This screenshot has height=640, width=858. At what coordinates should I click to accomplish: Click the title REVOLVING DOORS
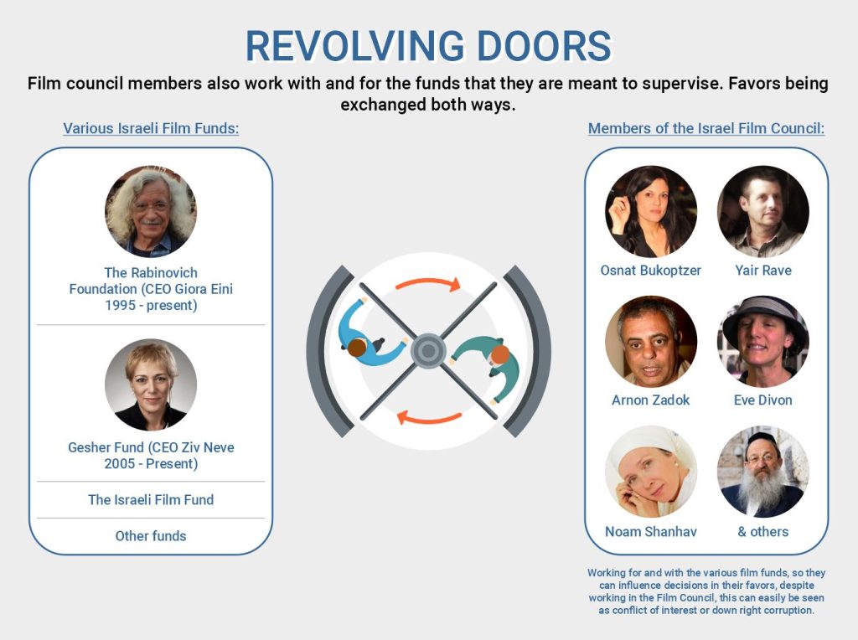click(428, 45)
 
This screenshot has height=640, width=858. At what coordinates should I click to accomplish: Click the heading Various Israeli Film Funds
click(152, 129)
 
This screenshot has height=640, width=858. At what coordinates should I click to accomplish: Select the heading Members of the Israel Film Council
click(706, 129)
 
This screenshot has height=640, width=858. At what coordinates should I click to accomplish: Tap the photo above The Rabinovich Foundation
click(151, 211)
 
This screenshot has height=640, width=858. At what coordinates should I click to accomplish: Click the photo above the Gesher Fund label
click(151, 385)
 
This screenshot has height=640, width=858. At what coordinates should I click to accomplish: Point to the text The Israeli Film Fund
click(151, 500)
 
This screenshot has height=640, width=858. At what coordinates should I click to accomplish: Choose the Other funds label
click(151, 536)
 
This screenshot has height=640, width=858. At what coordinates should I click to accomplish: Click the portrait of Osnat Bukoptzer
click(651, 211)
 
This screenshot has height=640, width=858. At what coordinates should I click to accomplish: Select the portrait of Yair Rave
click(763, 211)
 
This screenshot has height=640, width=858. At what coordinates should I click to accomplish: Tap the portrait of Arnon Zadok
click(651, 341)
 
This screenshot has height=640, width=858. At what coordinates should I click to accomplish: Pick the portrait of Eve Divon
click(763, 341)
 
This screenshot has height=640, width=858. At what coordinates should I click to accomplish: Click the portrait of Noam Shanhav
click(651, 472)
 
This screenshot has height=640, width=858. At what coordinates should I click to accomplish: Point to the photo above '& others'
click(763, 472)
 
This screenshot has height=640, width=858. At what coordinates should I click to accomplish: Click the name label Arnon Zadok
click(651, 400)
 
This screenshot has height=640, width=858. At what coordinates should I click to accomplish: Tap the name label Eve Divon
click(763, 400)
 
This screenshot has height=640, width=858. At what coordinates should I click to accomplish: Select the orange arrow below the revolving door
click(428, 416)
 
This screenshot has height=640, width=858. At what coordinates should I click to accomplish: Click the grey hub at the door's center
click(428, 350)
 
